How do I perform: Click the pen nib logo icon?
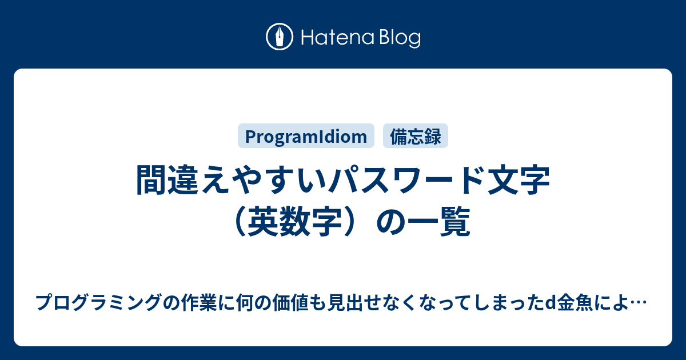click(280, 37)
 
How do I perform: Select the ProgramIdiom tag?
click(306, 136)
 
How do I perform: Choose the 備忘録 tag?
click(416, 136)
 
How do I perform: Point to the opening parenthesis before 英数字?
click(240, 221)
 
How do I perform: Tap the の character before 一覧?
click(390, 222)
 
